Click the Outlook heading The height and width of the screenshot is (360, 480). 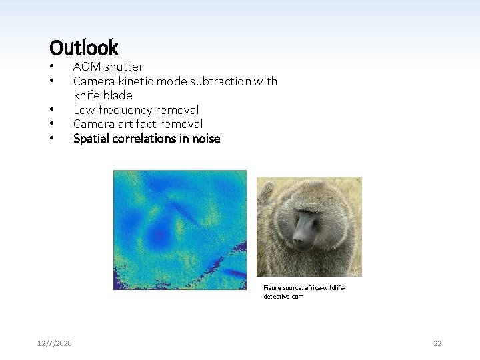83,47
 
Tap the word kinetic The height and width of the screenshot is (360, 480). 133,81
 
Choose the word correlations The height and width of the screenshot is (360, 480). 146,139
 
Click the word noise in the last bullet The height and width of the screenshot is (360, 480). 206,139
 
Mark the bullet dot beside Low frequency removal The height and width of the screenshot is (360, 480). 51,110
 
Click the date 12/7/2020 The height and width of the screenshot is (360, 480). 55,343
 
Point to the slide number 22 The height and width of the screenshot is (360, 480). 437,343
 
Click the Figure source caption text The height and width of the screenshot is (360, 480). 304,292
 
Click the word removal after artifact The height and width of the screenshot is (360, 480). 185,124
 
